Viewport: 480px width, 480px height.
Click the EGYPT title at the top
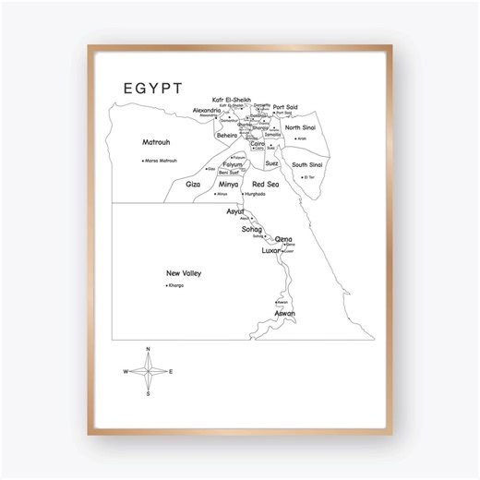152,88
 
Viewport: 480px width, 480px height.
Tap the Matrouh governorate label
156,143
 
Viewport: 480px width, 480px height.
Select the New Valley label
184,273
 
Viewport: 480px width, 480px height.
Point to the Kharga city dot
166,285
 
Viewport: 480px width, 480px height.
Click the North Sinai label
300,127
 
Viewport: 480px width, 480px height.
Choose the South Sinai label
307,164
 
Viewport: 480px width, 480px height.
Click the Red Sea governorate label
265,185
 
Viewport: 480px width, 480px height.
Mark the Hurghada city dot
243,194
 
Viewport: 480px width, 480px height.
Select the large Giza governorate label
193,185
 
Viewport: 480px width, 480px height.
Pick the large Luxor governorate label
270,250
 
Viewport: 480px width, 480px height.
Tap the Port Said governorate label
285,106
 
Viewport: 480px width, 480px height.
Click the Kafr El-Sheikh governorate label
231,99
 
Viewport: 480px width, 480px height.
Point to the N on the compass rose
148,349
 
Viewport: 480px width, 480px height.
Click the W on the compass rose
126,371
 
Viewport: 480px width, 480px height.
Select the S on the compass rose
148,394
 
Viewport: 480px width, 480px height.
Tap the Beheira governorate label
227,136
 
